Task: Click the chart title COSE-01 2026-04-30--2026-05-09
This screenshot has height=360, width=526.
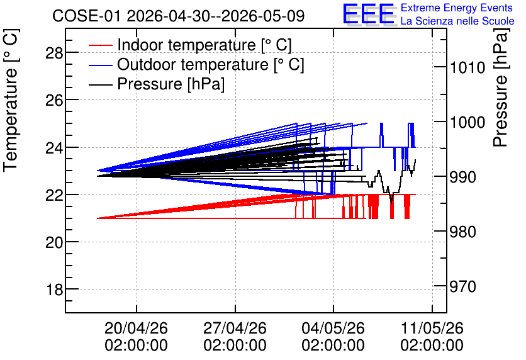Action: point(178,16)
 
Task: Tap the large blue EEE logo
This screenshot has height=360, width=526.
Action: point(369,14)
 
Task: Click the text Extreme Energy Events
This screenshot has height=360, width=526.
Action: point(457,8)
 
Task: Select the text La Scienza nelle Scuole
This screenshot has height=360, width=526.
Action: point(457,21)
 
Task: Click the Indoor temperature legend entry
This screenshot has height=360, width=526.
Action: point(190,45)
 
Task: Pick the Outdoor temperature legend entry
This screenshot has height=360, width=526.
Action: point(196,64)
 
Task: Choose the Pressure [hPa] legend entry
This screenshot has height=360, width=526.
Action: point(157,84)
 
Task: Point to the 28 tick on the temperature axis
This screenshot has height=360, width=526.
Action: point(54,53)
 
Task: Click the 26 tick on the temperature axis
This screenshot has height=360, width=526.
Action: point(54,100)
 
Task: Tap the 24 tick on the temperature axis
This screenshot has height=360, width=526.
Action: point(54,148)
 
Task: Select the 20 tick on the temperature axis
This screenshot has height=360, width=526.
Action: point(54,242)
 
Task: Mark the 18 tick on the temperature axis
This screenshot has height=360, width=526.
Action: point(54,290)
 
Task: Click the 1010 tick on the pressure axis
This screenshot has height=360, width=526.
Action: point(467,68)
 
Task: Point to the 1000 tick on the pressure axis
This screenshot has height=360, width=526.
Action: point(467,123)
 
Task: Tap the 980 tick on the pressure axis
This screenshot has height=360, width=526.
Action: point(462,232)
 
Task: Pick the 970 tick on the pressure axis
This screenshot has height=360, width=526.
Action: point(462,287)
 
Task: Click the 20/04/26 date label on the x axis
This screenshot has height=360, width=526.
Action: point(136,328)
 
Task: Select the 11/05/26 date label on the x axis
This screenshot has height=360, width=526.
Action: point(432,328)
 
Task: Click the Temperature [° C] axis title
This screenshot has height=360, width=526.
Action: point(11,101)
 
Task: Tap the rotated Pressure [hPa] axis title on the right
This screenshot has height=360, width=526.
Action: point(501,88)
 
